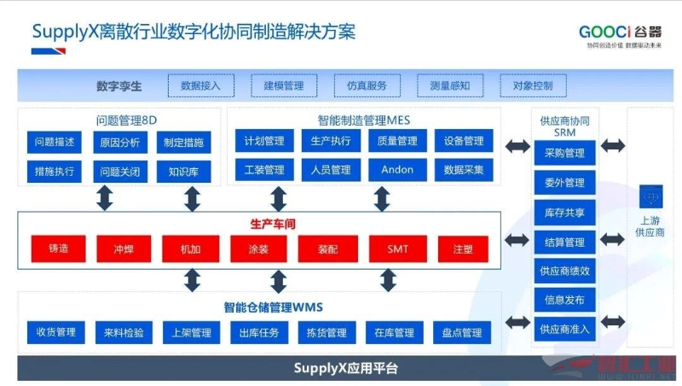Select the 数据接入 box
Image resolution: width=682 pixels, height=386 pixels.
(x=200, y=85)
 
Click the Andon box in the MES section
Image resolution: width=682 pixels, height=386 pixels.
(x=397, y=170)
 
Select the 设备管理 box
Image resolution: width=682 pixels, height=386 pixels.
(x=463, y=141)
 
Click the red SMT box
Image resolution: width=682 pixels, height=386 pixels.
(x=397, y=249)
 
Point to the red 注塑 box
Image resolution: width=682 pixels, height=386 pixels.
(x=463, y=249)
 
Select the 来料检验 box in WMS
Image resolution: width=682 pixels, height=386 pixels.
(x=124, y=332)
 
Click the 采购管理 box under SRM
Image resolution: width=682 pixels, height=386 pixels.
(x=564, y=154)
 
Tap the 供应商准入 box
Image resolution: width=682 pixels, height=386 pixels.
(x=564, y=328)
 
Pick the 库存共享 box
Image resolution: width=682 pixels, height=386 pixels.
(x=564, y=212)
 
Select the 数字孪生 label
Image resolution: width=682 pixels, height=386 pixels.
(x=119, y=85)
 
